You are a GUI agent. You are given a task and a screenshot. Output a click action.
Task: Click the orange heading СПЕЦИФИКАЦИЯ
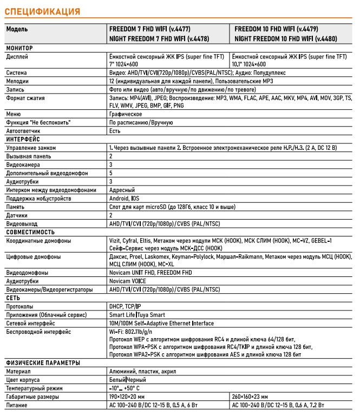(x=43, y=11)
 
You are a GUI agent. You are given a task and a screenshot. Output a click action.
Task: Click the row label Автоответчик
(x=24, y=131)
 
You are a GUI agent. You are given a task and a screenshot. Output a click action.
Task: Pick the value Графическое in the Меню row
(x=126, y=114)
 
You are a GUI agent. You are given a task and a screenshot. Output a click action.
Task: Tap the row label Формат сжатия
(x=25, y=98)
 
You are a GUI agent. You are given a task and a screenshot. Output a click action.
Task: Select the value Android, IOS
(x=125, y=198)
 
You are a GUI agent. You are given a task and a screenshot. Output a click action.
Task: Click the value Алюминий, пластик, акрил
(x=142, y=372)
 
